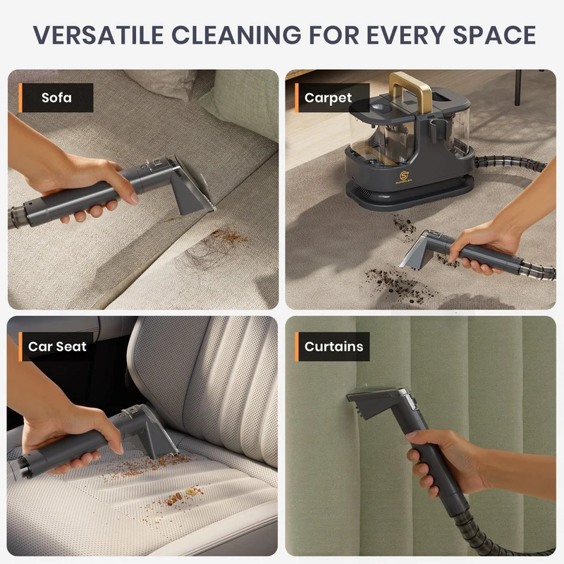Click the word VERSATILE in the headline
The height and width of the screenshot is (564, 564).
coord(99,35)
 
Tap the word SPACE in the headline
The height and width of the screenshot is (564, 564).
coord(494,35)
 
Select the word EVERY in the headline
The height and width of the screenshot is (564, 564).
coord(405,35)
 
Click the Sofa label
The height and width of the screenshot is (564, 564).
coord(56,97)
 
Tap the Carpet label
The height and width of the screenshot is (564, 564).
coord(328,98)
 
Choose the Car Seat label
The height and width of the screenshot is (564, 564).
coord(57,346)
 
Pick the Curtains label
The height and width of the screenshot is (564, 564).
coord(333,346)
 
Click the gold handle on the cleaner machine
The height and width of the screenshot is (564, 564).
coord(410,89)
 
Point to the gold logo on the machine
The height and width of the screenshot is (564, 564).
coord(403,177)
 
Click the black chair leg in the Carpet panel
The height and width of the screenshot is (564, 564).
coord(517,87)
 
